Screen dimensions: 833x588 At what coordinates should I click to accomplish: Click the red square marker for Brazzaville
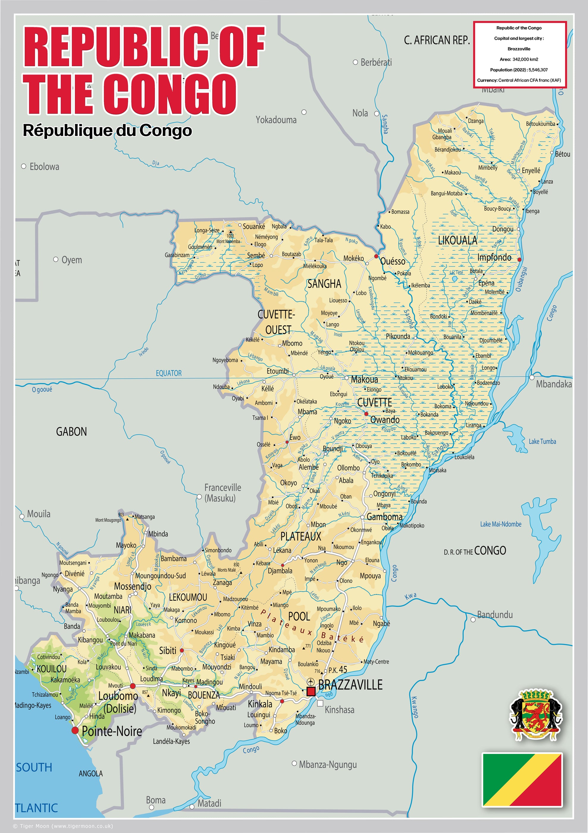pyautogui.click(x=311, y=691)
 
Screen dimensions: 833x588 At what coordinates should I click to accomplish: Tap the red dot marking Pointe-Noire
pyautogui.click(x=75, y=730)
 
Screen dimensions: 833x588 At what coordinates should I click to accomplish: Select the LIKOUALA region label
pyautogui.click(x=457, y=240)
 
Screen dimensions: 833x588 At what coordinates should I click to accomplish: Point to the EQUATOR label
pyautogui.click(x=168, y=373)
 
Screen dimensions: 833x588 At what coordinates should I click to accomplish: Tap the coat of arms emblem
pyautogui.click(x=536, y=715)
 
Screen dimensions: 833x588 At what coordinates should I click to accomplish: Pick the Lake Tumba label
pyautogui.click(x=542, y=441)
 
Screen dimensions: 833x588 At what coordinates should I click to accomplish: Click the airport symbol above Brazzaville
pyautogui.click(x=310, y=681)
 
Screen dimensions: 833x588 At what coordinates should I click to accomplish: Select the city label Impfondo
pyautogui.click(x=494, y=258)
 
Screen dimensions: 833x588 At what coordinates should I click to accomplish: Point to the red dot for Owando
pyautogui.click(x=366, y=414)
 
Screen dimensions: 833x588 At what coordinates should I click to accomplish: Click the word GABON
pyautogui.click(x=71, y=432)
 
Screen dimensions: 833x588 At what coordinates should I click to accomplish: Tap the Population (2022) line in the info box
pyautogui.click(x=519, y=70)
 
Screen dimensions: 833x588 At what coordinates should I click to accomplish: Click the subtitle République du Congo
pyautogui.click(x=107, y=131)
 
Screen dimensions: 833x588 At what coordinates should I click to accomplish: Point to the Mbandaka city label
pyautogui.click(x=553, y=384)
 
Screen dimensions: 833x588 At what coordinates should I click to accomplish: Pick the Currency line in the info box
pyautogui.click(x=519, y=80)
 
